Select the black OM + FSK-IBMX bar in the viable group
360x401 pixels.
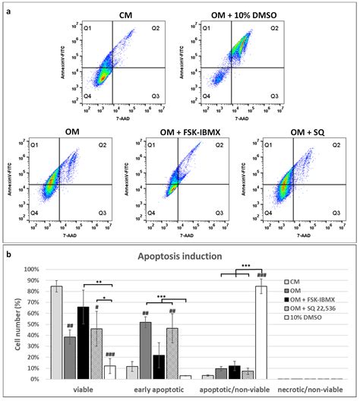pyautogui.click(x=84, y=343)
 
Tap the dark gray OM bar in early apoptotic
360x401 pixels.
pyautogui.click(x=144, y=350)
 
